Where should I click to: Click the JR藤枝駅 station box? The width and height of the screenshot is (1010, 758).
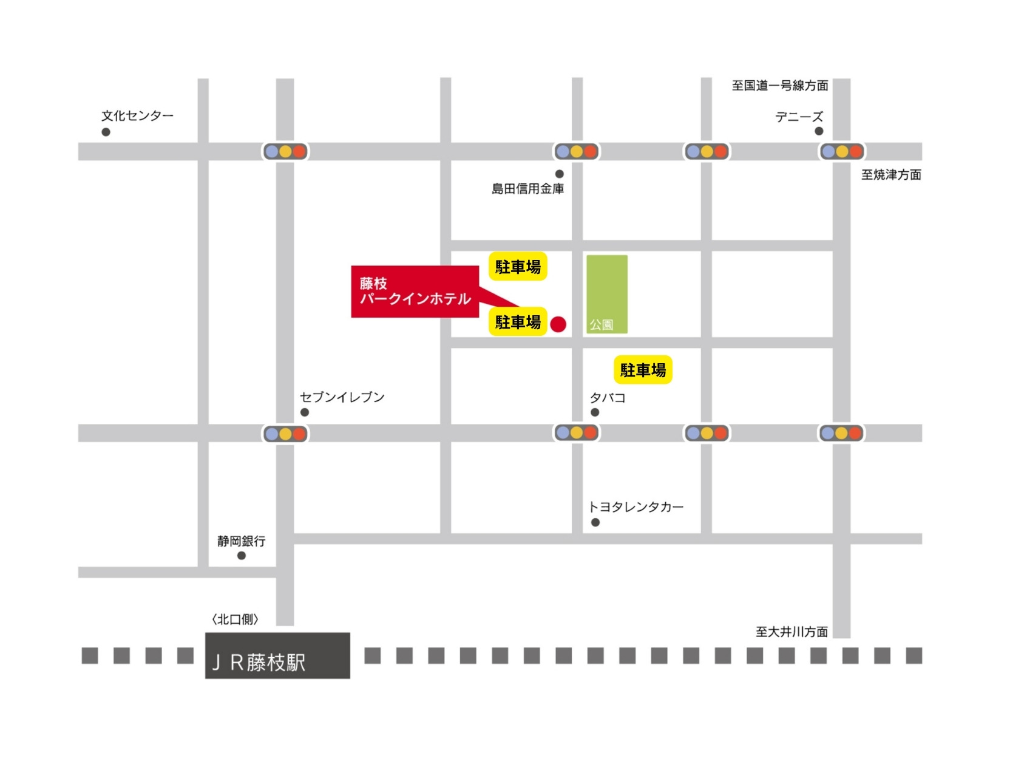277,656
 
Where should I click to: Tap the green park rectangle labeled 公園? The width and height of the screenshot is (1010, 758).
606,293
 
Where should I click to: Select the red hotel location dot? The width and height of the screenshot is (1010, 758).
558,324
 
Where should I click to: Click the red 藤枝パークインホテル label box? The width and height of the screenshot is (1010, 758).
415,292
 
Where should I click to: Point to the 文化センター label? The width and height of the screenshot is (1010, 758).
137,115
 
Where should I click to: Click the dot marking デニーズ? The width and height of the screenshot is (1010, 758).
819,131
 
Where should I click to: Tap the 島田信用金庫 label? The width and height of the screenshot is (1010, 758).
527,189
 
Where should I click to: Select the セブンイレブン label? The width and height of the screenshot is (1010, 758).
342,397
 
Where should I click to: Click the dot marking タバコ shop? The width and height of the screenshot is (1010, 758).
595,412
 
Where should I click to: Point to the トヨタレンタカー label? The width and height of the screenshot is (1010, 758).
636,507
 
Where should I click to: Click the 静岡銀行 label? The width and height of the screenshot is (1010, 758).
242,541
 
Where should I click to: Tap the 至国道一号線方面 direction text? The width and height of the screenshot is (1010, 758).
780,86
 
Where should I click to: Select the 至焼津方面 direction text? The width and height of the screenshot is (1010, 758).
891,175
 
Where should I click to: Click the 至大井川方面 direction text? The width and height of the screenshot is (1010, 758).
791,632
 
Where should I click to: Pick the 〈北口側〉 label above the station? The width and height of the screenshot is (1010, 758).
236,620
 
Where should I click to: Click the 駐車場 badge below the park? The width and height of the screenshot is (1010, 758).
643,370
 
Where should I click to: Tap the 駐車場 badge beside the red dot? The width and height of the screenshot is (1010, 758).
518,322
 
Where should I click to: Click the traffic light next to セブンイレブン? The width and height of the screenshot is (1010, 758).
285,434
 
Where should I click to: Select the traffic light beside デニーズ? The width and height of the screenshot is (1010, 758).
842,151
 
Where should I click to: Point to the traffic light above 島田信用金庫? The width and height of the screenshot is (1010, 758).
577,151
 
